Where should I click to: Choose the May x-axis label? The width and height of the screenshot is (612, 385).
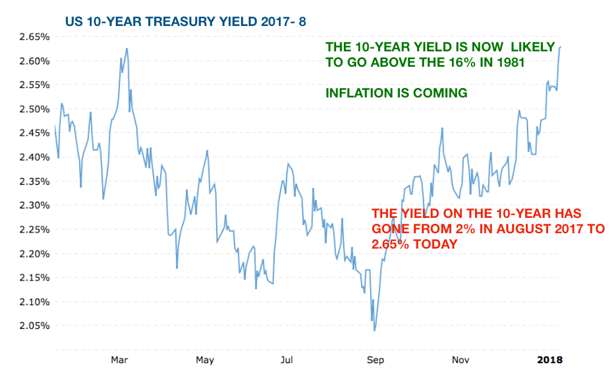[204, 360]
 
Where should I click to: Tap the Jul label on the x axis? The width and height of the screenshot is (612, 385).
[287, 360]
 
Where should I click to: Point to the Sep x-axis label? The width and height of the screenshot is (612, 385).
[373, 360]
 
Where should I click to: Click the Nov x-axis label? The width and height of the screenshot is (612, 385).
[459, 360]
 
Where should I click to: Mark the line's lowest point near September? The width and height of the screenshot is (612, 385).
[375, 331]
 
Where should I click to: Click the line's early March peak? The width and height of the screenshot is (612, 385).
[127, 48]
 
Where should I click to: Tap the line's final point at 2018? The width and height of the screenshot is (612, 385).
[561, 46]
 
